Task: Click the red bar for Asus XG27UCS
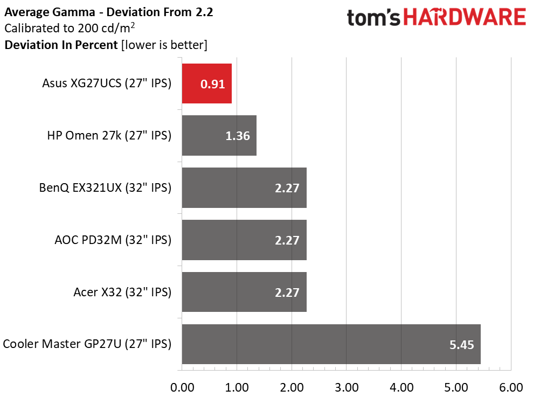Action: point(206,83)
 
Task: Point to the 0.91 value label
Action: point(212,84)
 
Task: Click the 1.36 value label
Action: point(237,136)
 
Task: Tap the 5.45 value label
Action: point(462,345)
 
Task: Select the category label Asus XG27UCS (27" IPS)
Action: point(107,83)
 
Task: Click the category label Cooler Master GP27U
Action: point(87,344)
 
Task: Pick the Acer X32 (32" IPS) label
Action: point(122,292)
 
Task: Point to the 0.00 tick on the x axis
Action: point(182,387)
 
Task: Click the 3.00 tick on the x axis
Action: point(347,387)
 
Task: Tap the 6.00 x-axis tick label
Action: point(511,387)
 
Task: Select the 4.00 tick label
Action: point(402,387)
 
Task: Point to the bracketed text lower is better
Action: point(164,45)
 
